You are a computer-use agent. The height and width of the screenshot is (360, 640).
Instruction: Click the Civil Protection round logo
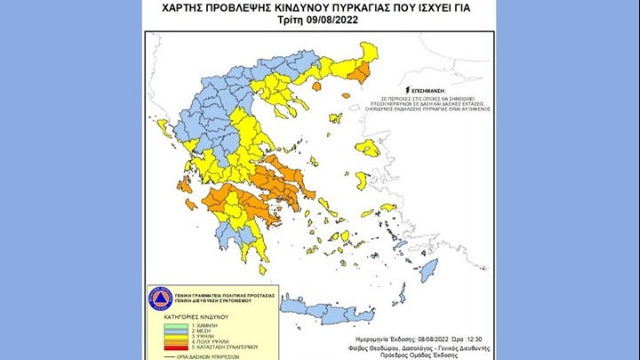point(159,299)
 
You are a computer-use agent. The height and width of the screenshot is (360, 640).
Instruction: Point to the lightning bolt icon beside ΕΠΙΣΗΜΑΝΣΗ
point(407,90)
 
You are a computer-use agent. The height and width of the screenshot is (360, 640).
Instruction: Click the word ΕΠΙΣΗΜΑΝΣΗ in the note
point(428,90)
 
